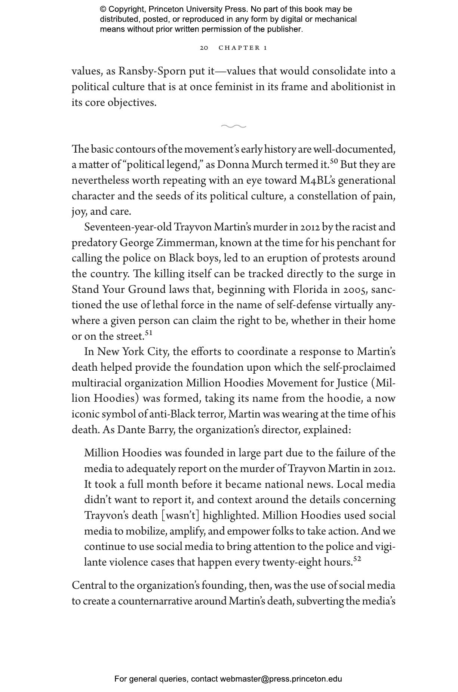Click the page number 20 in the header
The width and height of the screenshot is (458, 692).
pos(204,48)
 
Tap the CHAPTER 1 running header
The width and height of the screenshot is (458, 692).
pos(243,48)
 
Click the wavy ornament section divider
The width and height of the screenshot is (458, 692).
pos(233,126)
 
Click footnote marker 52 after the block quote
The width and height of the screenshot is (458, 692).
pos(357,559)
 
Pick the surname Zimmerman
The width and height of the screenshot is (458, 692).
pos(186,243)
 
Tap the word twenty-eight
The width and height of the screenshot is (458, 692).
pos(291,562)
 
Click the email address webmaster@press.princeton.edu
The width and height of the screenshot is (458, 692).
pos(281,679)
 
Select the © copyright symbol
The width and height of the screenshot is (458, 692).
pos(103,9)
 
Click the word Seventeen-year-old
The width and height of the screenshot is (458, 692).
pos(128,227)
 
